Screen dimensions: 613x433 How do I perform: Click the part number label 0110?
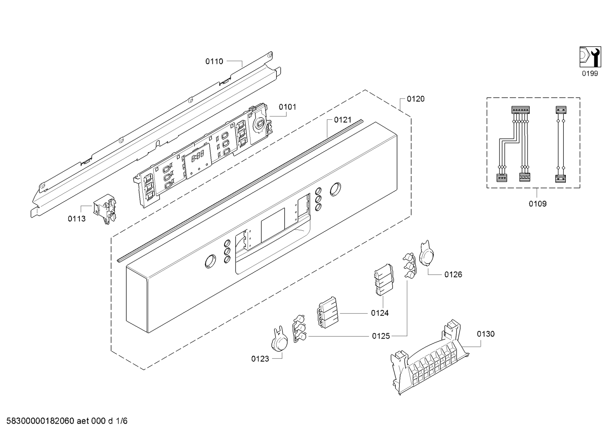(x=214, y=62)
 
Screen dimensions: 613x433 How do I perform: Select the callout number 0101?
(x=288, y=107)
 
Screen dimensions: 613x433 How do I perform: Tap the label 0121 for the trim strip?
(x=343, y=120)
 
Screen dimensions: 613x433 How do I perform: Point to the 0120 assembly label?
(x=416, y=99)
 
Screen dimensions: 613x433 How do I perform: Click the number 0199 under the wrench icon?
(x=590, y=74)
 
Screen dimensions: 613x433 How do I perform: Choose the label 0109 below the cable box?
(x=538, y=204)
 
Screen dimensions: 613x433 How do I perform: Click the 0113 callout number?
(x=77, y=219)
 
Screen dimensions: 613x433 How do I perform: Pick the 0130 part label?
(x=486, y=334)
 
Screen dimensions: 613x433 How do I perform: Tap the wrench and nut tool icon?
(x=590, y=57)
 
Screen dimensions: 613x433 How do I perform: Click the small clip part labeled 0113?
(x=105, y=209)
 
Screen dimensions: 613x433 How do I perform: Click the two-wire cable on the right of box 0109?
(x=560, y=144)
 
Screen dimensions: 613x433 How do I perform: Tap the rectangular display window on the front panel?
(x=273, y=225)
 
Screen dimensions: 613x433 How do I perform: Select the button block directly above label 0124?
(x=384, y=280)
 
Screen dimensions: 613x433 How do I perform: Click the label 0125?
(x=381, y=336)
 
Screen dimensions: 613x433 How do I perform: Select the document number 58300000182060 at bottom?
(x=40, y=421)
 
